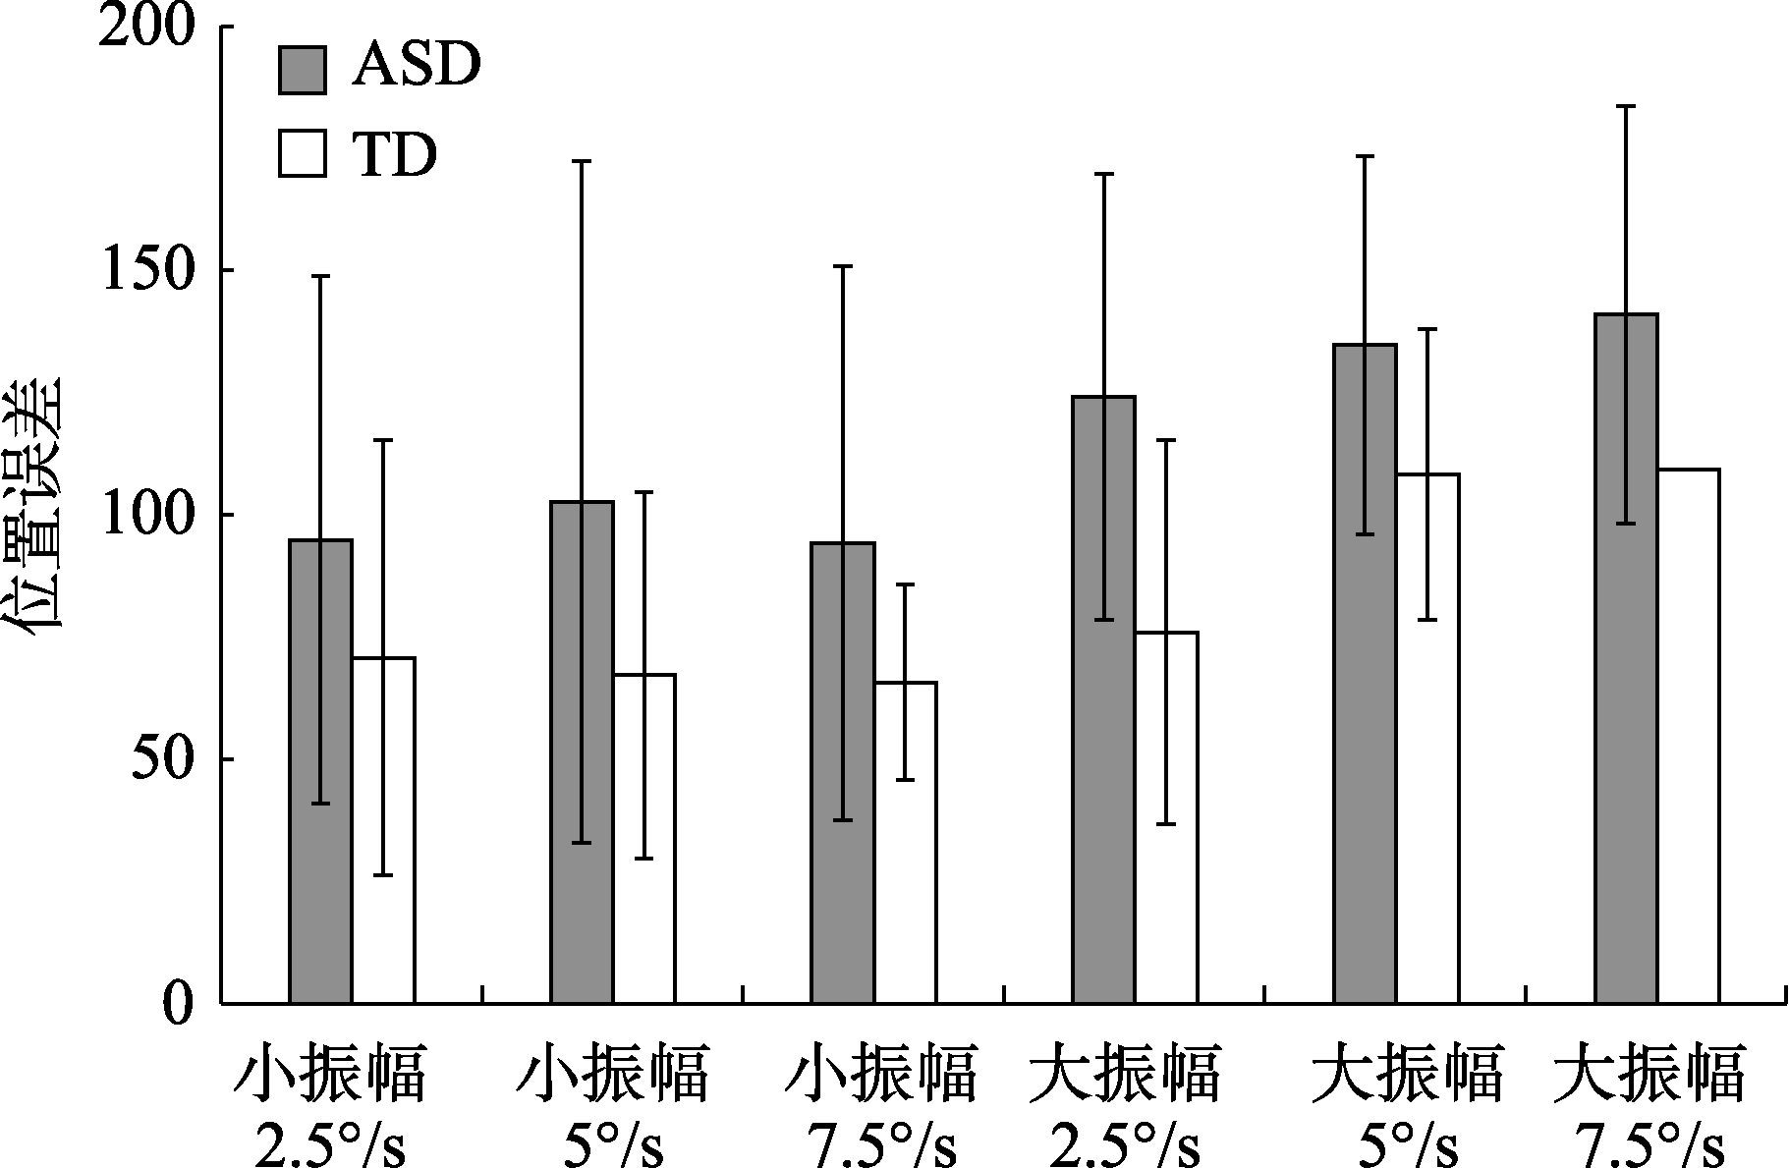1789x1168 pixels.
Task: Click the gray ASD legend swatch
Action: pos(303,70)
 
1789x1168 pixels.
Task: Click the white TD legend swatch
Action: pos(303,153)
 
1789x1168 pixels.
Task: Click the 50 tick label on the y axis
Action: pos(159,759)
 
